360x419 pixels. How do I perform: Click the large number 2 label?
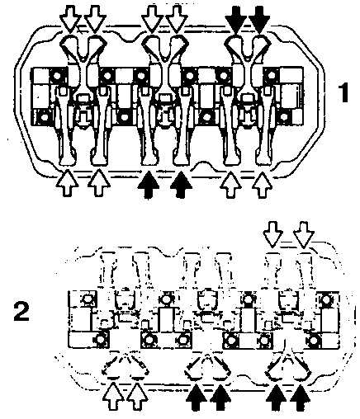tap(21, 312)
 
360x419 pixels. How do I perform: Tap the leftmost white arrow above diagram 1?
tap(71, 18)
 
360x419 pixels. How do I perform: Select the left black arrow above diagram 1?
tap(235, 18)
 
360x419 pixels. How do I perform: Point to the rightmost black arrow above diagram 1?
tap(259, 18)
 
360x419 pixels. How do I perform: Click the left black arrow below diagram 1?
tap(149, 185)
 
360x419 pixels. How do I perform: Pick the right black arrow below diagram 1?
tap(181, 185)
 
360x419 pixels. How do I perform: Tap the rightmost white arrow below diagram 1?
tap(262, 185)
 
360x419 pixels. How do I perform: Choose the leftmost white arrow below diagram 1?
tap(68, 183)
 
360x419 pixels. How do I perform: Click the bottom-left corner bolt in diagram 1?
tap(44, 118)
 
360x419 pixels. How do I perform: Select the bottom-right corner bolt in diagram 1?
tap(283, 118)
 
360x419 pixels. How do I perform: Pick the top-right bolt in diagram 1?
tap(271, 74)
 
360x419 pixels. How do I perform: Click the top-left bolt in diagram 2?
tap(87, 299)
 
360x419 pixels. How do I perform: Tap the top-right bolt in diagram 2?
tap(326, 299)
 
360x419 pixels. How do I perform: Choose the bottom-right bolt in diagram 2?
tap(313, 341)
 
